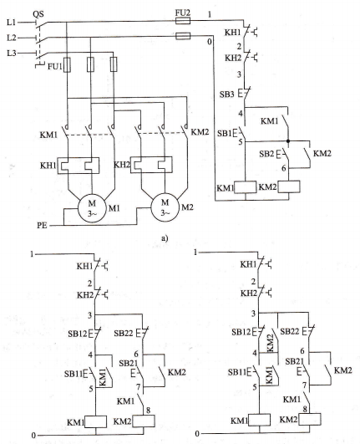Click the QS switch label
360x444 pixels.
pos(38,14)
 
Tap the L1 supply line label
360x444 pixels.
pos(12,22)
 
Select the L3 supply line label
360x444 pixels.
pos(12,53)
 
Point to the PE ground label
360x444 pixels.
pos(42,226)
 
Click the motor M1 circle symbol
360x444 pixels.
pos(92,208)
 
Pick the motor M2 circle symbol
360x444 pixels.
pos(165,207)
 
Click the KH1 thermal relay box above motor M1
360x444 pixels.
pos(79,166)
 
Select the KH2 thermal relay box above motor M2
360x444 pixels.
pos(151,165)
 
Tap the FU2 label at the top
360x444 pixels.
pos(183,13)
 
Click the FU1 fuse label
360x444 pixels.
pos(54,67)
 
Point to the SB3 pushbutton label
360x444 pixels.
pos(227,94)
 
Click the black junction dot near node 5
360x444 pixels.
pos(288,140)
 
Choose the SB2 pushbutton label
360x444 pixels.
pos(266,154)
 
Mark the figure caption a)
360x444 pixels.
pos(165,238)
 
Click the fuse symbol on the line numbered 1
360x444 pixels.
pos(183,20)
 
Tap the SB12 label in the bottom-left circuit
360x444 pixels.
pos(78,334)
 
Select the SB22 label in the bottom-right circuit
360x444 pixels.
pos(290,331)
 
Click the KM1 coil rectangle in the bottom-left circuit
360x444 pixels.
pos(96,421)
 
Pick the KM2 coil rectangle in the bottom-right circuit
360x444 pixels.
pos(310,419)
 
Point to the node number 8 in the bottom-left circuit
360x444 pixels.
pos(148,411)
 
